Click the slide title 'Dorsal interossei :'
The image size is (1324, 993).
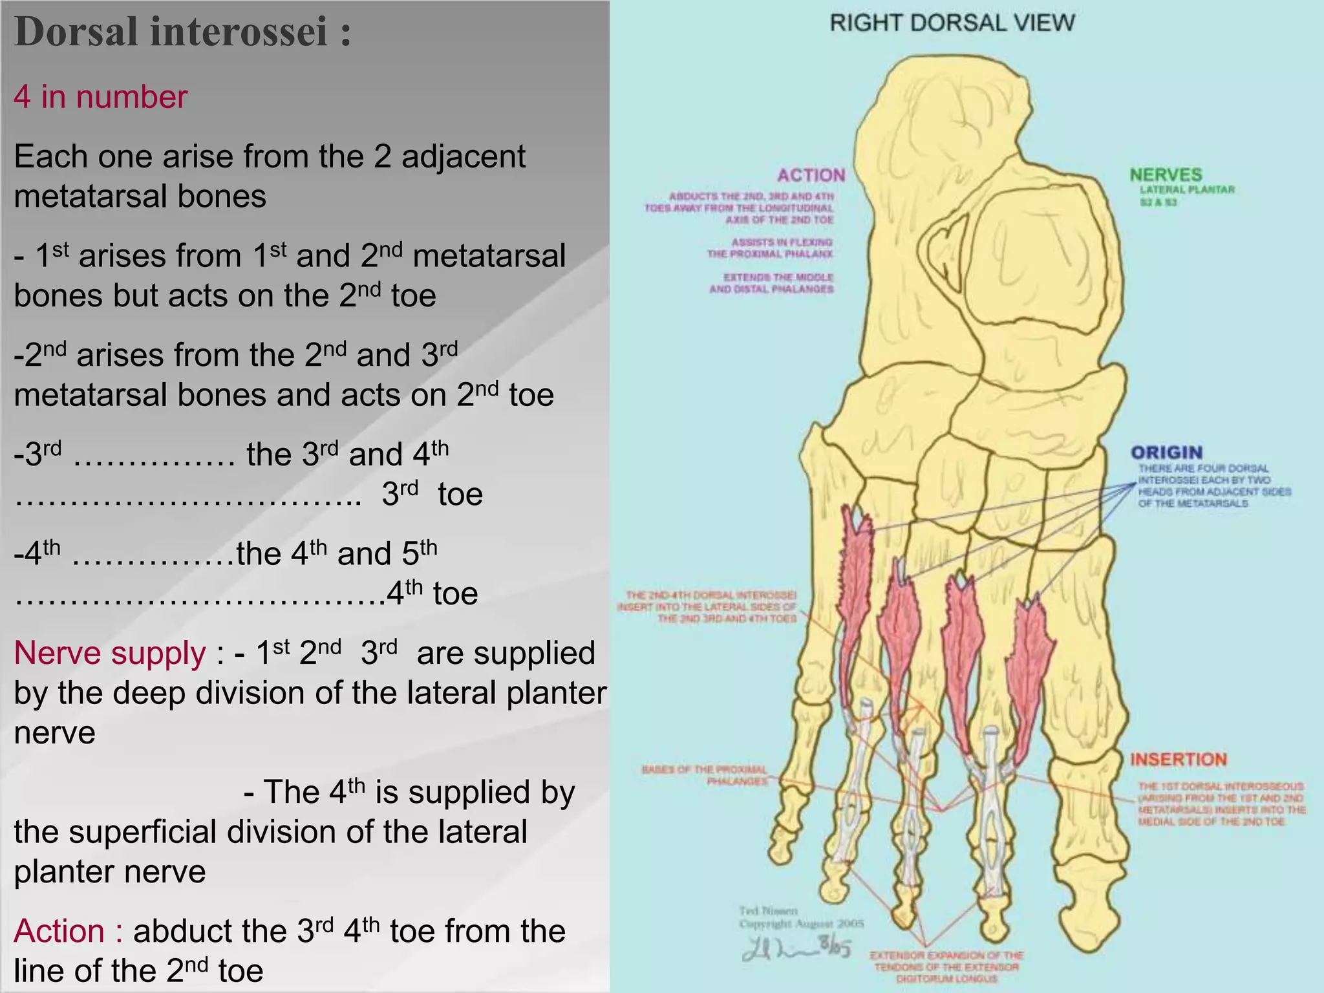coord(182,32)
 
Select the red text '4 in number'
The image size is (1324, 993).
coord(100,97)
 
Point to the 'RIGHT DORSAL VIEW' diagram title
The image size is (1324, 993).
coord(952,23)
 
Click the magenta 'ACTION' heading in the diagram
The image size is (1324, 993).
coord(811,175)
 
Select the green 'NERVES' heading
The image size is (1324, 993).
coord(1166,175)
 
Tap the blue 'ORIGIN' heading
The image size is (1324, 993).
coord(1166,453)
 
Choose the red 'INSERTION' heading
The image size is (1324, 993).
coord(1178,760)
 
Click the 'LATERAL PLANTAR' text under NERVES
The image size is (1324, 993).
coord(1187,190)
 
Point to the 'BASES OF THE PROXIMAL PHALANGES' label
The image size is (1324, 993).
coord(705,775)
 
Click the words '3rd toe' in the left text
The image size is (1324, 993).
coord(432,495)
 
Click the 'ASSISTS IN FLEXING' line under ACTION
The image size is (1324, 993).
coord(782,242)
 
